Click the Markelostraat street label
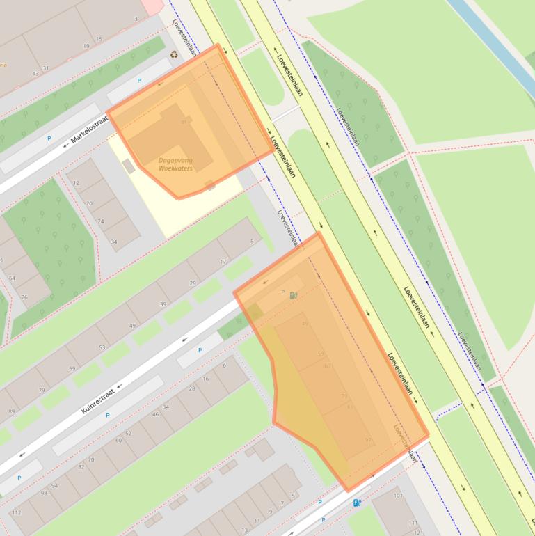pos(90,130)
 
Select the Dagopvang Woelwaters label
pos(175,164)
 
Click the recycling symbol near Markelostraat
pos(174,54)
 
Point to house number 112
pos(17,513)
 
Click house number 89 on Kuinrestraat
pos(11,411)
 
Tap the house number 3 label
pos(136,19)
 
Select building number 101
pos(398,496)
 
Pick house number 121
pos(418,532)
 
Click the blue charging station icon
pos(357,503)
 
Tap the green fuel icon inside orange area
pos(294,295)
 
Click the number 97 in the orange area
pos(369,440)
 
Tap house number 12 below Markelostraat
pos(76,184)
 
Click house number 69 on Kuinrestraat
pos(72,368)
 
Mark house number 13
pos(243,530)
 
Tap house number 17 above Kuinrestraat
pos(223,262)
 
